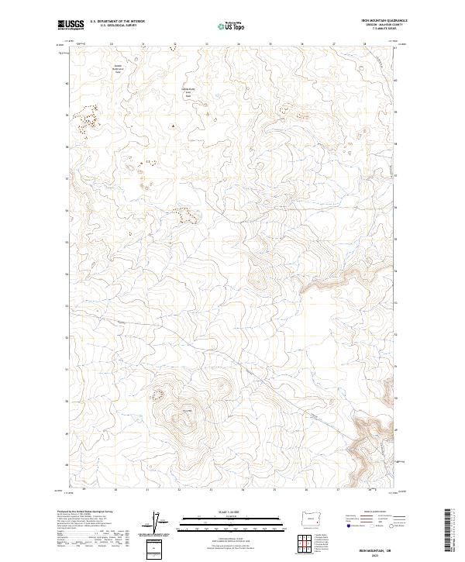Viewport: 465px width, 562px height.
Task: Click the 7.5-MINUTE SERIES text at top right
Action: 385,30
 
